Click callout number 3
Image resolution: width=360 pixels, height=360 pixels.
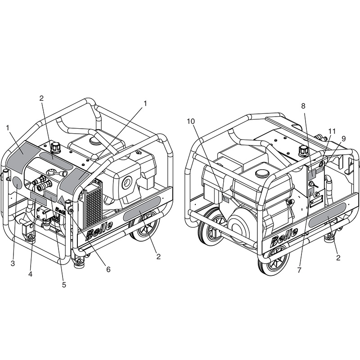[x=13, y=263]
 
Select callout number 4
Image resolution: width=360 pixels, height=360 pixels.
[x=30, y=274]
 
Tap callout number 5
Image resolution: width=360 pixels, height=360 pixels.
[x=64, y=285]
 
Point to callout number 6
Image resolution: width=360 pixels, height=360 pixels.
[x=108, y=269]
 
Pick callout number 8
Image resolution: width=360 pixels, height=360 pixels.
[x=303, y=106]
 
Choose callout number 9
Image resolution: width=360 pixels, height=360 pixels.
[x=343, y=139]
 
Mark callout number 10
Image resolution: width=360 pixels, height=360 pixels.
[x=191, y=121]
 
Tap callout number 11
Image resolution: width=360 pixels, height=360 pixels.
[x=332, y=131]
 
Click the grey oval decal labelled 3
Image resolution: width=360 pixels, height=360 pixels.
[x=17, y=183]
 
